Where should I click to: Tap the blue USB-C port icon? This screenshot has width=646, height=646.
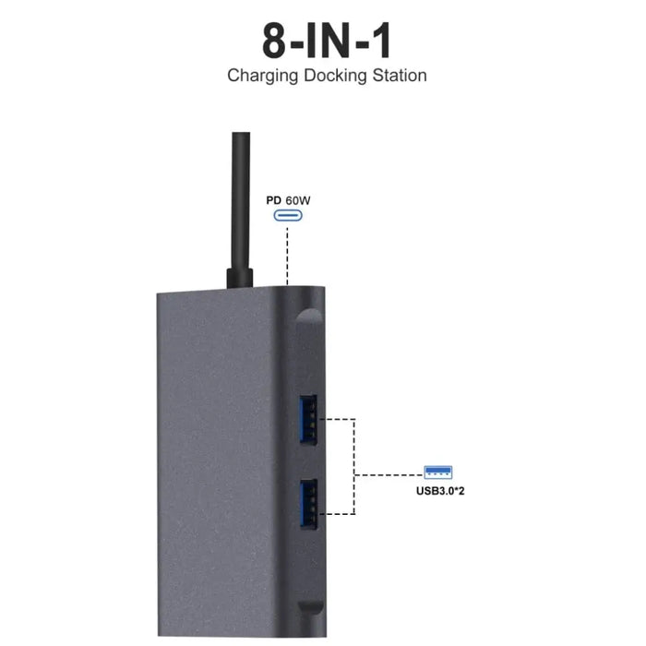[288, 217]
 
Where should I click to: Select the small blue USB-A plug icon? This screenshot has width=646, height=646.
[439, 473]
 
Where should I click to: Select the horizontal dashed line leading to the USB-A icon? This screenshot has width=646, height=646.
[388, 475]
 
